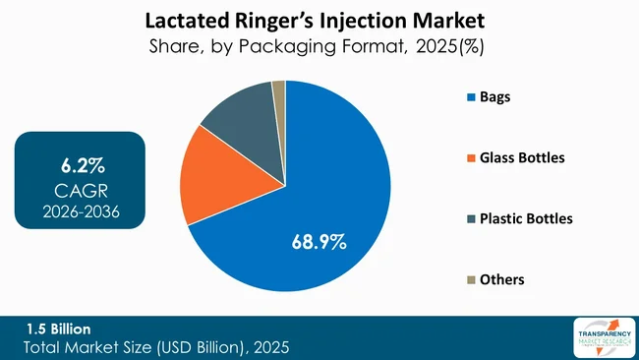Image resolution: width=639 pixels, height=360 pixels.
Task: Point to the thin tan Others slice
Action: coord(278,91)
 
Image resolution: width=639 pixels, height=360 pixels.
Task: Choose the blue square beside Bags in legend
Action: coord(471,97)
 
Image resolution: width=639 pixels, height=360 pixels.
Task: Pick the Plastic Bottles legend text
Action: coord(526,218)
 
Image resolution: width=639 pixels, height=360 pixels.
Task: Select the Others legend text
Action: coord(503,279)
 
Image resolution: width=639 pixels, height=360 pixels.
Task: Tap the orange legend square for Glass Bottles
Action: coord(471,157)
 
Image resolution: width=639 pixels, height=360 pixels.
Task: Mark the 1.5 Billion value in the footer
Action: coord(58,330)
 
